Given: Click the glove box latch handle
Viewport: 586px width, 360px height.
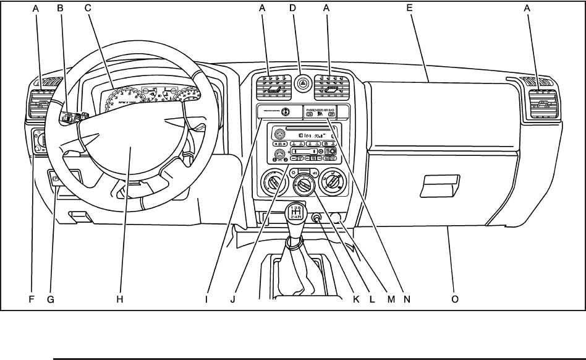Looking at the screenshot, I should [440, 184].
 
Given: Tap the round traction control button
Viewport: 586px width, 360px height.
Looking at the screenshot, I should [286, 112].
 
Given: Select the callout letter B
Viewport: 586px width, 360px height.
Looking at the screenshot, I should [60, 8].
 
